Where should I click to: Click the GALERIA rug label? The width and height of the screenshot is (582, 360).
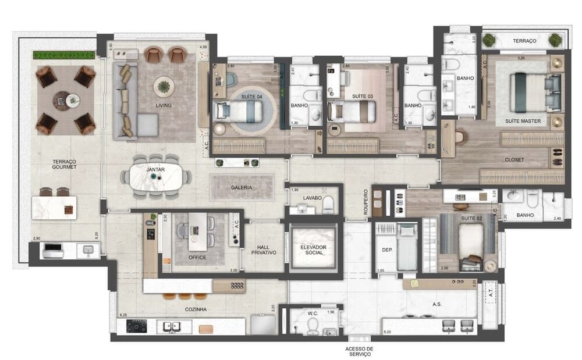[241, 187]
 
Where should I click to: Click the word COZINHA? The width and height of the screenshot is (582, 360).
[193, 309]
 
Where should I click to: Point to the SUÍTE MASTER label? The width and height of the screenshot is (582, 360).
[523, 121]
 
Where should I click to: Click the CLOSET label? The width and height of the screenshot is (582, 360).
[514, 159]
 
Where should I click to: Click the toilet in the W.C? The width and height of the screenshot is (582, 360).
[313, 326]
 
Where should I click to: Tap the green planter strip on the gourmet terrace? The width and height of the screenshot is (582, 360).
[64, 55]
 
